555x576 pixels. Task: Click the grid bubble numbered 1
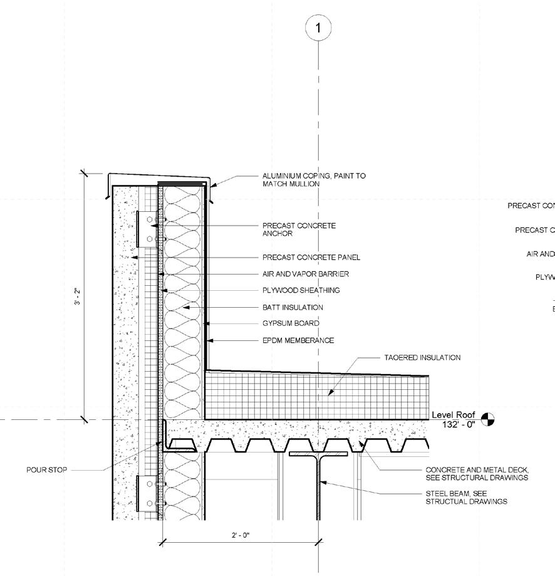(x=318, y=28)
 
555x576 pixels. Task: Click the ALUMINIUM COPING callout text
(x=314, y=180)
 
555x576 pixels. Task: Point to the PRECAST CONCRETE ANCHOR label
(x=299, y=229)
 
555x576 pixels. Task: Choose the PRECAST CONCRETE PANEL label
(x=311, y=257)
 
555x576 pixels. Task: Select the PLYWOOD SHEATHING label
(x=301, y=290)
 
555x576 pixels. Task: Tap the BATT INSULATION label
(x=293, y=307)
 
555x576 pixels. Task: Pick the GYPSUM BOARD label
(x=291, y=323)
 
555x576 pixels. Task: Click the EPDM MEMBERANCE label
(x=298, y=340)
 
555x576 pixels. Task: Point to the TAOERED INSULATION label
(x=422, y=358)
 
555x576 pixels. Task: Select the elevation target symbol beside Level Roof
(x=487, y=419)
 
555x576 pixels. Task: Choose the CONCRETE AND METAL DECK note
(x=477, y=473)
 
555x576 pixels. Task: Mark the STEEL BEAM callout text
(x=467, y=497)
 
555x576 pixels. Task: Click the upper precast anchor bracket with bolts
(x=148, y=229)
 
